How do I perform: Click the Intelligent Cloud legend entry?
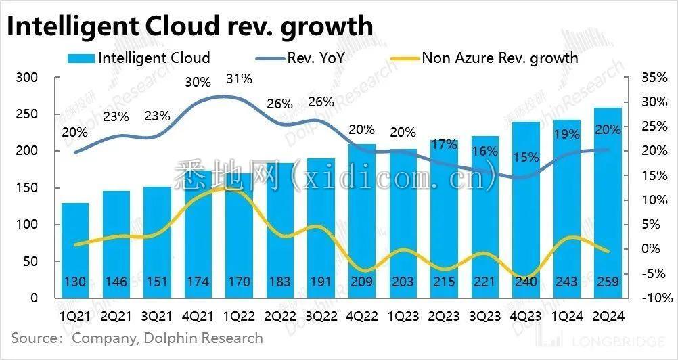[139, 58]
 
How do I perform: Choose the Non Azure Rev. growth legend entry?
[484, 58]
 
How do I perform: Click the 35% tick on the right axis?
[654, 78]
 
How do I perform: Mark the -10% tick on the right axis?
[657, 298]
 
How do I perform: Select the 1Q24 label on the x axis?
[566, 315]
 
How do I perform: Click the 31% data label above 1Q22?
[238, 79]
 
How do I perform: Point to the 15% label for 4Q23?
[526, 158]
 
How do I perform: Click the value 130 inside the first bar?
[75, 282]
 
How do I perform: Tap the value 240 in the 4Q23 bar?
[525, 282]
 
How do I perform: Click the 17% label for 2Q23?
[443, 144]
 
